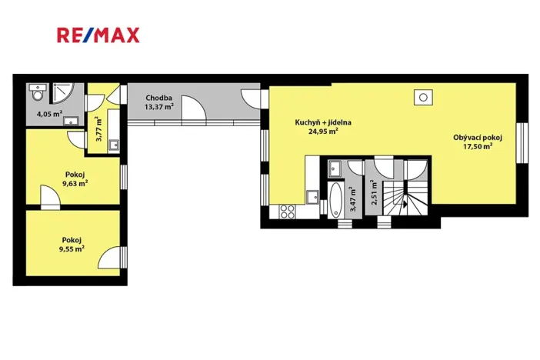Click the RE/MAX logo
tap(98, 35)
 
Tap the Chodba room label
tap(159, 98)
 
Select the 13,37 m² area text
tap(159, 107)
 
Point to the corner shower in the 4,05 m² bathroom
tap(65, 92)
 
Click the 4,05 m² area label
tap(49, 114)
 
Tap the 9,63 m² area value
tap(74, 183)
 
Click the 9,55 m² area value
tap(72, 248)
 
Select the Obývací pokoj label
tap(477, 138)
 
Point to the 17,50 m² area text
tap(477, 148)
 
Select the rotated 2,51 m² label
tap(374, 192)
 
